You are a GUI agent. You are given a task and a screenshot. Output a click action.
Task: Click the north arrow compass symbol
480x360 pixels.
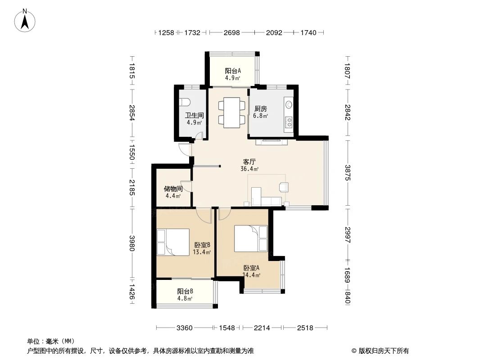[25, 20]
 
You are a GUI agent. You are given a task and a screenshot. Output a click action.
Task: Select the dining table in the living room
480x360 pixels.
[232, 112]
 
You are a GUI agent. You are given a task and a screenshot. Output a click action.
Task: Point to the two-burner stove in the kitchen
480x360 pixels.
[288, 122]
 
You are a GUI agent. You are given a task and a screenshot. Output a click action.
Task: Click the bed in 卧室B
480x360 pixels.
[173, 242]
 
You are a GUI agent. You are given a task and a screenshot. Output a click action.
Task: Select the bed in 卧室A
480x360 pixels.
[251, 238]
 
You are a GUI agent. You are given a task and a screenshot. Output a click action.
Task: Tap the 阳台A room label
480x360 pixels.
[233, 71]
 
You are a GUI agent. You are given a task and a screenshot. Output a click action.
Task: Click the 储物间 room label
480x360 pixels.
[173, 189]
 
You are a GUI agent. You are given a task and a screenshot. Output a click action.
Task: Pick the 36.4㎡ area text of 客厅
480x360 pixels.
[250, 169]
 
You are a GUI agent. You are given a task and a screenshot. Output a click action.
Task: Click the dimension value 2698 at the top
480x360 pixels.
[232, 32]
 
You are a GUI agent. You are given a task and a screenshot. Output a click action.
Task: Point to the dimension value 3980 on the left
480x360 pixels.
[132, 243]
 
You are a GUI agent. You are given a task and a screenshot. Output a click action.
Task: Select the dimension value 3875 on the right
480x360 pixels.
[348, 173]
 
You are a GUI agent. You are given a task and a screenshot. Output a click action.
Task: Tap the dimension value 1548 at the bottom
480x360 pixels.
[227, 328]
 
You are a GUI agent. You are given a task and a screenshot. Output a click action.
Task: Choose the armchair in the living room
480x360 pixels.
[284, 187]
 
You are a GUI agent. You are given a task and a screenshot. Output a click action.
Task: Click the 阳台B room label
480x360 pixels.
[185, 292]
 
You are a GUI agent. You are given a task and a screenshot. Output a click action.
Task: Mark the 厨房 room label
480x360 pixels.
[261, 108]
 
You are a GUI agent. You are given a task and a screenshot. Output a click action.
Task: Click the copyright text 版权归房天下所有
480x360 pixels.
[384, 351]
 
